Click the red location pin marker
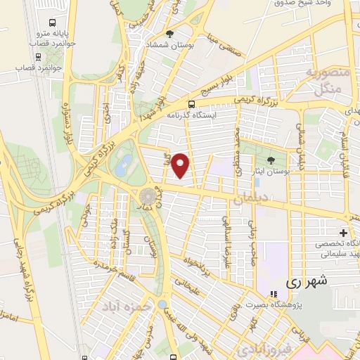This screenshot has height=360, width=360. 181,165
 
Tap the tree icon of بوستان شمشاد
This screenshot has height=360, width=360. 169,33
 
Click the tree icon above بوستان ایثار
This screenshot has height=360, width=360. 271,161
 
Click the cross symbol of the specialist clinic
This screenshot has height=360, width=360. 343,233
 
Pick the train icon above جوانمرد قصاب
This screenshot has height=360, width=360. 34,58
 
